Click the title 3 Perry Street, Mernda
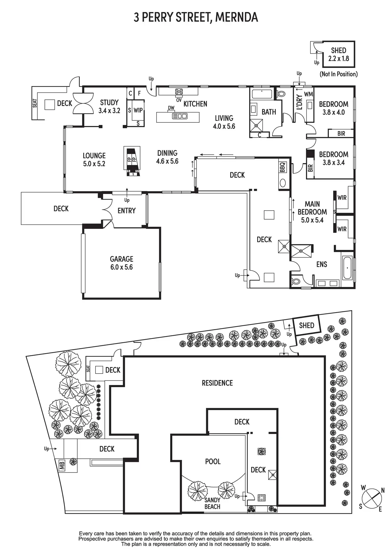point(196,17)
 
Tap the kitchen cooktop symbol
point(179,92)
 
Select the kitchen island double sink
point(180,116)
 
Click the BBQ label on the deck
point(283,167)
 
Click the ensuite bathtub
point(347,268)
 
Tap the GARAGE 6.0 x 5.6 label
point(122,263)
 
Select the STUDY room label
point(109,103)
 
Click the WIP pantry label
point(138,110)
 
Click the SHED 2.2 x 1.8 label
point(338,54)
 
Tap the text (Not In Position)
point(338,74)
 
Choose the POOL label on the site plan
point(213,461)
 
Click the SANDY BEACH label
point(212,503)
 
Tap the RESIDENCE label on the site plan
point(217,383)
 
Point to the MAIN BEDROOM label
point(312,212)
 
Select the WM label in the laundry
point(308,94)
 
